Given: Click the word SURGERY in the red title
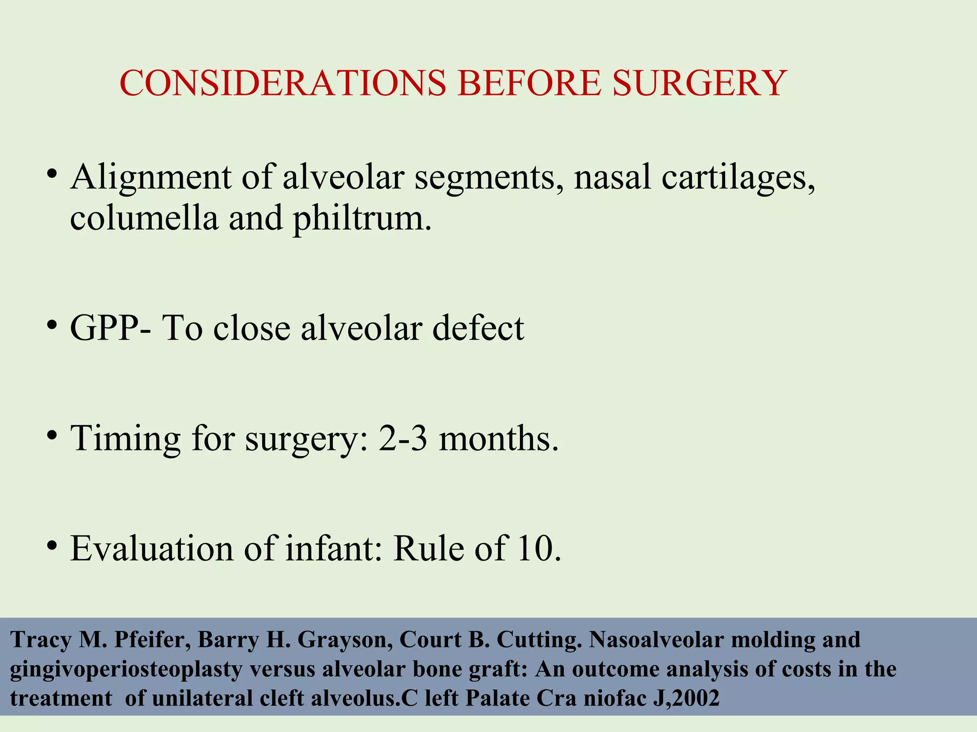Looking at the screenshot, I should (699, 83).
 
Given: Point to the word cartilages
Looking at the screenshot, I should (738, 177).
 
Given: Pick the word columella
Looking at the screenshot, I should (144, 218).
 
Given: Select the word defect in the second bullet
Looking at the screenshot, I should (478, 328).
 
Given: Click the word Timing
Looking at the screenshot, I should (125, 438).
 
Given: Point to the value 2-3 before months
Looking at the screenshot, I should (403, 438).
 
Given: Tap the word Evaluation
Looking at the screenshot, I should (152, 549).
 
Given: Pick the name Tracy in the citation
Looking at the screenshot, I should (41, 640).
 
